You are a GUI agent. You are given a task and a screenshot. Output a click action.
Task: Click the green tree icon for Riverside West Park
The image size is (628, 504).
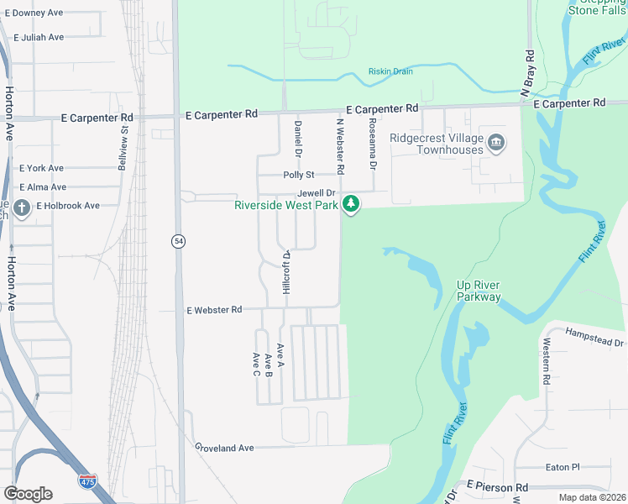[352, 204]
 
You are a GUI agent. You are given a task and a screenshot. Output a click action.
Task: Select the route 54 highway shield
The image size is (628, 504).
[179, 241]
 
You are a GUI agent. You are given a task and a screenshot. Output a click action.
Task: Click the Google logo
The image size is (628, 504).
[29, 494]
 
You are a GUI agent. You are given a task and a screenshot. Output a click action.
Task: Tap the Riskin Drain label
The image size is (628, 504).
[390, 71]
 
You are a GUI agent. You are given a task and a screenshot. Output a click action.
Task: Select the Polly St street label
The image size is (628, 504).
[298, 175]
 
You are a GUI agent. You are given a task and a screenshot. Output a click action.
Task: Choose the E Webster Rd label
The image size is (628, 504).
[214, 310]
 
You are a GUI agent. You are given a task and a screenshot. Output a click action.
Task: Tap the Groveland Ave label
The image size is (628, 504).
[224, 448]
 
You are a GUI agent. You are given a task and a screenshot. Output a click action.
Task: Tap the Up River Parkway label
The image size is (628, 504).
[479, 291]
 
